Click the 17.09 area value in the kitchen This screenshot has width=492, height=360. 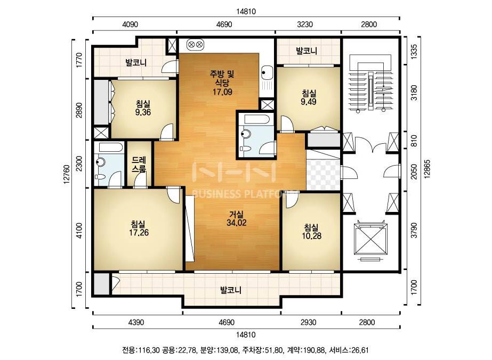222,92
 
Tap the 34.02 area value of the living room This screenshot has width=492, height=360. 236,223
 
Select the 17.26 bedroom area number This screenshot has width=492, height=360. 139,233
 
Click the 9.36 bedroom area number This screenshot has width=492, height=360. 143,112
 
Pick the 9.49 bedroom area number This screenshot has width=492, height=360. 308,102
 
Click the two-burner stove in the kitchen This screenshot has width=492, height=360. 195,45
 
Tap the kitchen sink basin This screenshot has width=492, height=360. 267,73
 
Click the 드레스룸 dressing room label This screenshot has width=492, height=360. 139,165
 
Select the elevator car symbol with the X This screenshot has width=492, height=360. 371,240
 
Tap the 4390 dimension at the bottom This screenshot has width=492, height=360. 136,322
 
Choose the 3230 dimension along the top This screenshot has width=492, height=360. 305,24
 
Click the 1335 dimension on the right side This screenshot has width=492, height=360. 414,51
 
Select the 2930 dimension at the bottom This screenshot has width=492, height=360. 308,322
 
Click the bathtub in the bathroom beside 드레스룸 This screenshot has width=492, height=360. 109,148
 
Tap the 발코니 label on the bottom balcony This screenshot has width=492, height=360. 231,290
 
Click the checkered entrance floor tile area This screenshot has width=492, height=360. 323,175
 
